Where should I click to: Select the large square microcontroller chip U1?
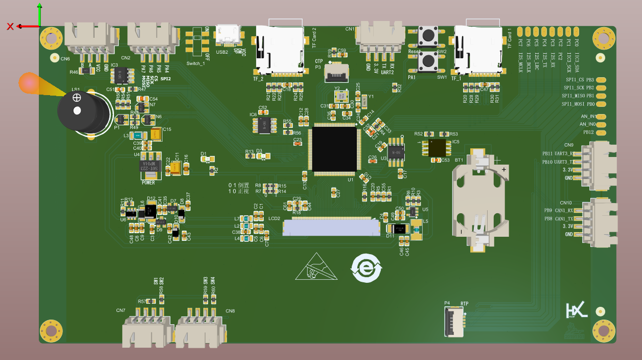click(x=335, y=149)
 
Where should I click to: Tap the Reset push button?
click(x=427, y=37)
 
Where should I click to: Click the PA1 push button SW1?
click(x=427, y=62)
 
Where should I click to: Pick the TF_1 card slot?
click(x=478, y=49)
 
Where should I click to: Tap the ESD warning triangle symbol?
click(x=316, y=268)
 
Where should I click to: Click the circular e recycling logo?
click(x=366, y=268)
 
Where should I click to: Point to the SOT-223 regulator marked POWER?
click(x=150, y=166)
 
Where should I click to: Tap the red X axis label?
click(x=10, y=27)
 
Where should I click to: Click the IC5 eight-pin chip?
click(x=437, y=148)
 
